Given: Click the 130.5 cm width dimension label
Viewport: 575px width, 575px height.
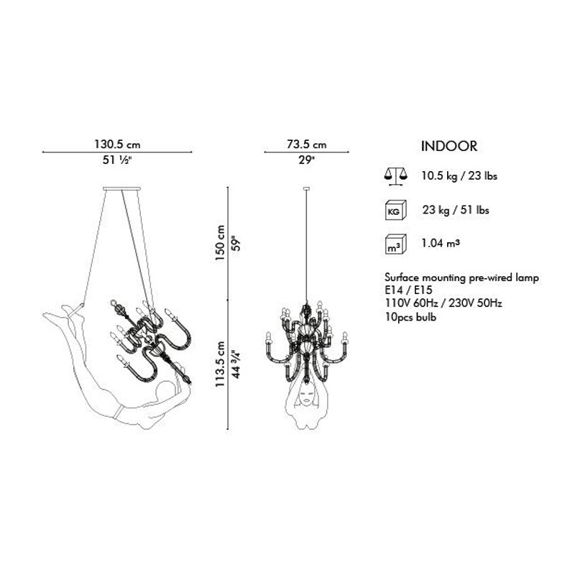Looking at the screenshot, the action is coord(117,144).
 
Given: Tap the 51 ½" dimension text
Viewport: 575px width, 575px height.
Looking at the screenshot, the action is coord(117,160).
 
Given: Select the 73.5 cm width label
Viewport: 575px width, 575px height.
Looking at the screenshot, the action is coord(307,144).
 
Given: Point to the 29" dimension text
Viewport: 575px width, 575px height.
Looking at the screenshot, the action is coord(307,160).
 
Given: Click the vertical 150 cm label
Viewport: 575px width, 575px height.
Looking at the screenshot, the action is coord(220,243).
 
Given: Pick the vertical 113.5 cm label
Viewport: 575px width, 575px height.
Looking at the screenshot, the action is coord(220,364).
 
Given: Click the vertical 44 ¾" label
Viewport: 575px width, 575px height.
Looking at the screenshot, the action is coord(236,364).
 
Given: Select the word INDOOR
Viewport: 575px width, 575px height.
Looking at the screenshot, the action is coord(449,146).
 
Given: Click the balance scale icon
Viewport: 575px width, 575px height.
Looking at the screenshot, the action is coord(396,177).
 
